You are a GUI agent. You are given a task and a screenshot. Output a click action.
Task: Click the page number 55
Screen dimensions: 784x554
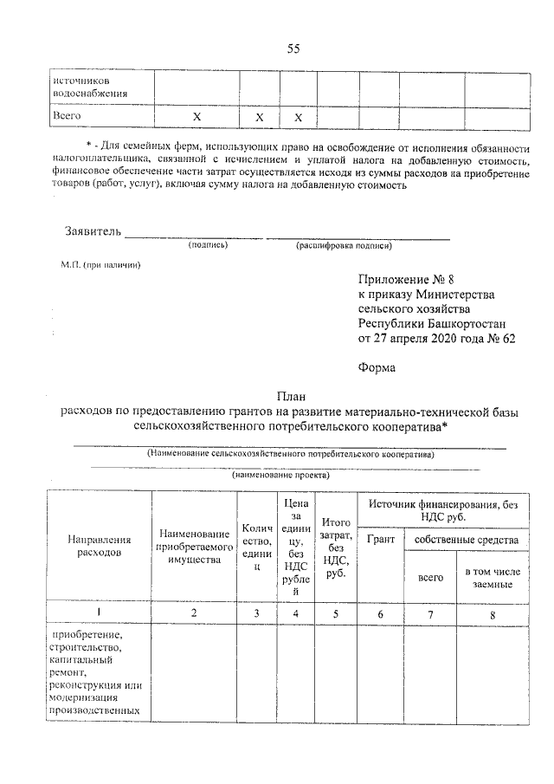coord(293,49)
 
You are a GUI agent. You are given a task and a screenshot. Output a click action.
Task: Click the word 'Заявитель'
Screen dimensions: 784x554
coord(93,231)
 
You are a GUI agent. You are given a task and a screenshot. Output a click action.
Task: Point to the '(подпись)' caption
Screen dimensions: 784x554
coord(208,246)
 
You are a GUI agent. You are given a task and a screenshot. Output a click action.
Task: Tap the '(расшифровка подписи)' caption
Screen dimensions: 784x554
coord(343,246)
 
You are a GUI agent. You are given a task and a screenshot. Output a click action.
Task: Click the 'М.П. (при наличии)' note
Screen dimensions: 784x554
coord(94,264)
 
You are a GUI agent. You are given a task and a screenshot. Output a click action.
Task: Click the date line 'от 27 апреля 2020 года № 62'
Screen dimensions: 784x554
coord(436,338)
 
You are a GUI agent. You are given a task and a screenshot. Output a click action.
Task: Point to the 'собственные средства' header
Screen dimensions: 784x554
coord(467,540)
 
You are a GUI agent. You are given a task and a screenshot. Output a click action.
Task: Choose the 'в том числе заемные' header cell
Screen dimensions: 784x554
coord(496,578)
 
